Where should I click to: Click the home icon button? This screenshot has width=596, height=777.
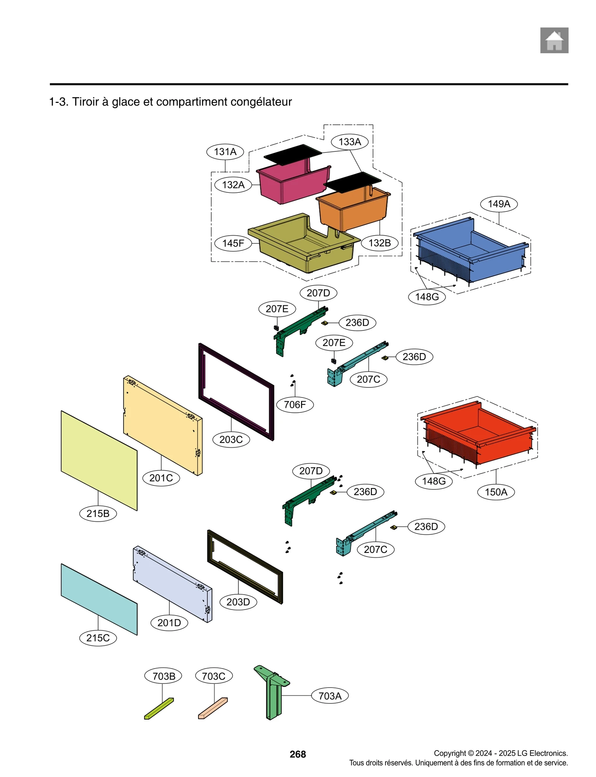(554, 40)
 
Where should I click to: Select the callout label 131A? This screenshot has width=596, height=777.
(225, 152)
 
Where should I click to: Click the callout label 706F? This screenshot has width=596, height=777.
(295, 405)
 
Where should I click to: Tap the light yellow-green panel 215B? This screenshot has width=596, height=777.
(99, 460)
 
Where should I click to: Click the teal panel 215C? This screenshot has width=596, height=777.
(99, 598)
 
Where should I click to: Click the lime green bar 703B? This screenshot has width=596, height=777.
(159, 708)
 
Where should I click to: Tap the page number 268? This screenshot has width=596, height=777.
(298, 754)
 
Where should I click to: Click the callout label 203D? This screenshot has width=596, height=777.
(238, 602)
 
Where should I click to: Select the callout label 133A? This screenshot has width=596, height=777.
(349, 142)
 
